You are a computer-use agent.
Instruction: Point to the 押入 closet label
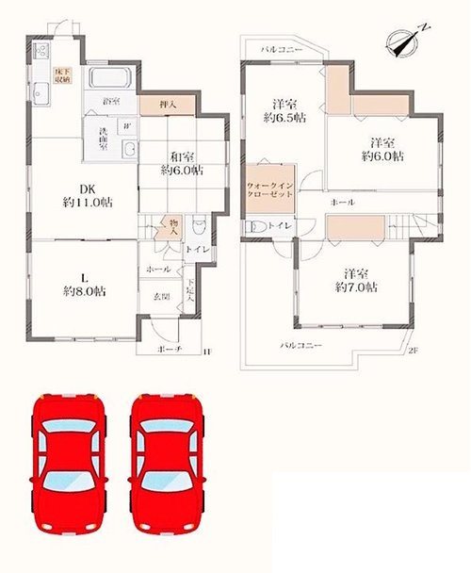pos(162,105)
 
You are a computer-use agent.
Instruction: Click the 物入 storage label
pos(171,225)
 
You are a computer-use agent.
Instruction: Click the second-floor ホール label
pos(342,202)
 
